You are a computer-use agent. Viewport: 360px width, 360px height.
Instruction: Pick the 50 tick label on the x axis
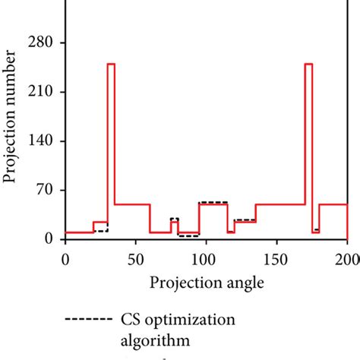pyautogui.click(x=135, y=259)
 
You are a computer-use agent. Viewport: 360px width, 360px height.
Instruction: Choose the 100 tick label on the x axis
pyautogui.click(x=206, y=259)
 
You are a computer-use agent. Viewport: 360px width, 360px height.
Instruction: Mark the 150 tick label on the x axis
pyautogui.click(x=276, y=259)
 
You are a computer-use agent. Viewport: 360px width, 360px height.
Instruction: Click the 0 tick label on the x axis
pyautogui.click(x=65, y=259)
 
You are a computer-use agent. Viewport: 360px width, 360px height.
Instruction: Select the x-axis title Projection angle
pyautogui.click(x=207, y=283)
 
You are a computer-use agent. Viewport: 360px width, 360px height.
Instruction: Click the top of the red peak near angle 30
pyautogui.click(x=111, y=64)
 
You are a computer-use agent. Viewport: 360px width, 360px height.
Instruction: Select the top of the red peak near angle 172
pyautogui.click(x=308, y=64)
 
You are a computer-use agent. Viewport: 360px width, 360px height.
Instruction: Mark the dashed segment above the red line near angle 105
pyautogui.click(x=213, y=202)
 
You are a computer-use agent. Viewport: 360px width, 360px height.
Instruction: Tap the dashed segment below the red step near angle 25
pyautogui.click(x=100, y=230)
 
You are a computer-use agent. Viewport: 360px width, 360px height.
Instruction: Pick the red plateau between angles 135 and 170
pyautogui.click(x=279, y=204)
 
